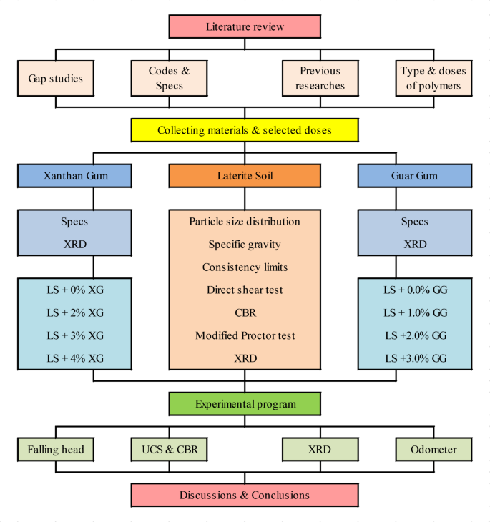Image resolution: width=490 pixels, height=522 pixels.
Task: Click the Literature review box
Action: tap(245, 26)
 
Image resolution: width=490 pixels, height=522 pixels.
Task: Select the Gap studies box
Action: tap(55, 79)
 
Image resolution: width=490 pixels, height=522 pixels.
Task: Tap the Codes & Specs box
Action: tap(169, 79)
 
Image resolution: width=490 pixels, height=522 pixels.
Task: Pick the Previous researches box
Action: tap(321, 79)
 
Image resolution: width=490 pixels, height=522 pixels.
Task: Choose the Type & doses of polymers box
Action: tap(434, 79)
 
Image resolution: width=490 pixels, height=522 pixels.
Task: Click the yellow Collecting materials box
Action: tap(245, 131)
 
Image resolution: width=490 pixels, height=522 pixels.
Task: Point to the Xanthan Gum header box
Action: tap(74, 175)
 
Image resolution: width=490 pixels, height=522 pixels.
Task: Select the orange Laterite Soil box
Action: tap(245, 176)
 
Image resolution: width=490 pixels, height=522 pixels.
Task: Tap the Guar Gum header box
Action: tap(415, 175)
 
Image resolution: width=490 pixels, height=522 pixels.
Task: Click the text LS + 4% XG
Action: tap(74, 358)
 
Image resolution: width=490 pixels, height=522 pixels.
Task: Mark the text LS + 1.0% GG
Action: tap(415, 312)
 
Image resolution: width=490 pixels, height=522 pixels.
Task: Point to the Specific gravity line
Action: tap(245, 245)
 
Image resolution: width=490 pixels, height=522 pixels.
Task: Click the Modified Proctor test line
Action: tap(245, 335)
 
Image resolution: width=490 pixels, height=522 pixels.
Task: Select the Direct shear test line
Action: tap(245, 290)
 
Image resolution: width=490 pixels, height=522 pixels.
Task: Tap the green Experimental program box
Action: tap(245, 404)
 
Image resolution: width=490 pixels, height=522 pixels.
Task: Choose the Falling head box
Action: tap(55, 450)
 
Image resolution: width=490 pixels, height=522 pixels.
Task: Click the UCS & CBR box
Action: tap(169, 450)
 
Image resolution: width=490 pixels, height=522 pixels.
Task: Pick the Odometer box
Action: tap(434, 450)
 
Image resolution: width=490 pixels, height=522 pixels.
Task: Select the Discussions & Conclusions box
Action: tap(245, 495)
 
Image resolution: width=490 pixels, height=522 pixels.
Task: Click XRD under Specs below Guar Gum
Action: tap(415, 244)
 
